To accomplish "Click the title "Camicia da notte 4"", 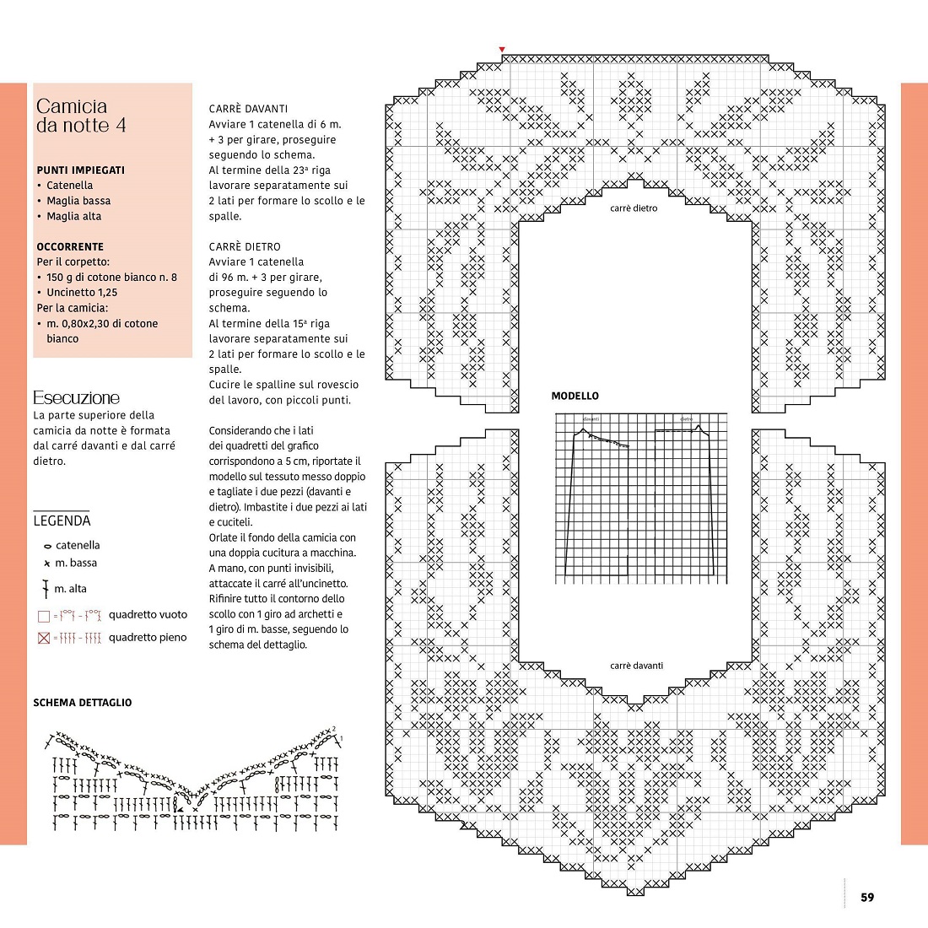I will tap(81, 116).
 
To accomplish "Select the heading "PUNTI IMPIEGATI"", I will tap(80, 170).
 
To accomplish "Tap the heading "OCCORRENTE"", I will tap(70, 246).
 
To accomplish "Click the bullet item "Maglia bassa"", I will tap(78, 201).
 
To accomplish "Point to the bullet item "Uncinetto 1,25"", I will tap(82, 293).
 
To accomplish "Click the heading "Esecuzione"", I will tap(76, 397).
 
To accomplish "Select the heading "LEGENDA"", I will tap(62, 521).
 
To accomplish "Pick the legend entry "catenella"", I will tap(78, 546).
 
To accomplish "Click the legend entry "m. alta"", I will tap(70, 589).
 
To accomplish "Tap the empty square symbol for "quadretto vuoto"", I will tap(44, 616).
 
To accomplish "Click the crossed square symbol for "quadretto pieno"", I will tap(44, 638).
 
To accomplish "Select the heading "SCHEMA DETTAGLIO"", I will tap(83, 703).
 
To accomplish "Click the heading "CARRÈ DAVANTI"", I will tap(248, 109).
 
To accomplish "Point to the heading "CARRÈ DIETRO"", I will tap(245, 246).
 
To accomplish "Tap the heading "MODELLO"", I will tap(575, 396).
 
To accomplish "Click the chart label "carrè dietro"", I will tap(634, 208).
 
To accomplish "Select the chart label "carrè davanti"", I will tap(636, 666).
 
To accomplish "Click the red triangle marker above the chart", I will tap(502, 50).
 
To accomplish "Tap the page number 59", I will tap(867, 898).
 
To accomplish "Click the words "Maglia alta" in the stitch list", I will tap(73, 216).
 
